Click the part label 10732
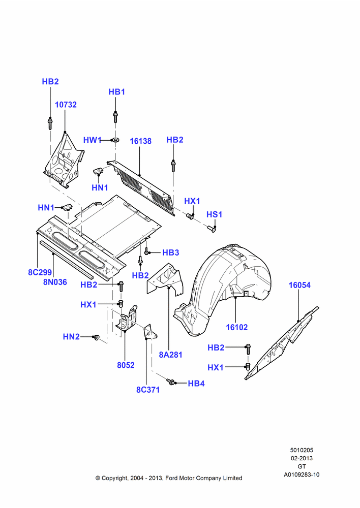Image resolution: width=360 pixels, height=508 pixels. tap(66, 105)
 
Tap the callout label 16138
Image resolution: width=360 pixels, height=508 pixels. tap(140, 141)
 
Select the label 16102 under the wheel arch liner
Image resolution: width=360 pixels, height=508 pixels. tap(237, 327)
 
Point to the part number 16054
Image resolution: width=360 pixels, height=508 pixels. tap(299, 285)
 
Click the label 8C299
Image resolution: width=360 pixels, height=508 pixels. tap(40, 272)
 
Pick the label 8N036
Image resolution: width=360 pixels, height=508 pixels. tap(55, 282)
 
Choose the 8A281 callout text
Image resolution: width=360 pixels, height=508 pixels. tap(171, 355)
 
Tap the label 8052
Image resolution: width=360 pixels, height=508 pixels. tap(126, 365)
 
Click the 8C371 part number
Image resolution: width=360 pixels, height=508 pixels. tap(148, 390)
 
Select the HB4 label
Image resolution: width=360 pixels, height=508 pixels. tap(196, 384)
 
